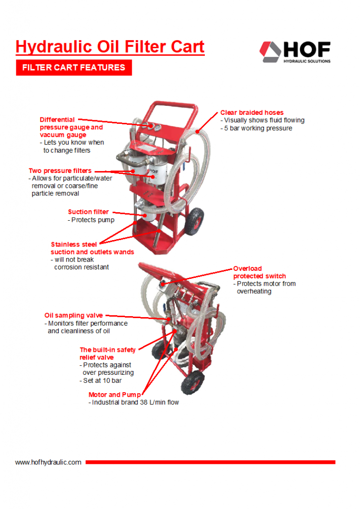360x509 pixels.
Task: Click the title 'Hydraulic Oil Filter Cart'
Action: coord(110,47)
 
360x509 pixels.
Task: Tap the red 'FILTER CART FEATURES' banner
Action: coord(74,68)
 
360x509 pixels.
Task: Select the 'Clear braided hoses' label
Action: coord(252,112)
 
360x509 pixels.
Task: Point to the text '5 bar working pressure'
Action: coord(258,128)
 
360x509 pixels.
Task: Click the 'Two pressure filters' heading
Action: coord(60,170)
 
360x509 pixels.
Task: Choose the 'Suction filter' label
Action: coord(88,212)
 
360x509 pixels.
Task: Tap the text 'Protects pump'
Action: coord(92,220)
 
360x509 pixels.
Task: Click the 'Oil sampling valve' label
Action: coord(74,315)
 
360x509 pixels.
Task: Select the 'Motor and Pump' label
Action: coord(114,395)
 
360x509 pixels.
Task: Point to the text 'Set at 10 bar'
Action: coord(102,381)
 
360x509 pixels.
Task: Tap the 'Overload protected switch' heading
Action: coord(259,272)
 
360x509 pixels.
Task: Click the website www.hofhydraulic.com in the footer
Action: coord(48,462)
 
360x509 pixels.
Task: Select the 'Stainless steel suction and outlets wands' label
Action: coord(92,248)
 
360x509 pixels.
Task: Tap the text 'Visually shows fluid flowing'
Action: coord(264,120)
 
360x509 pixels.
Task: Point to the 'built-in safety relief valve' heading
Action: coord(107,353)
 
